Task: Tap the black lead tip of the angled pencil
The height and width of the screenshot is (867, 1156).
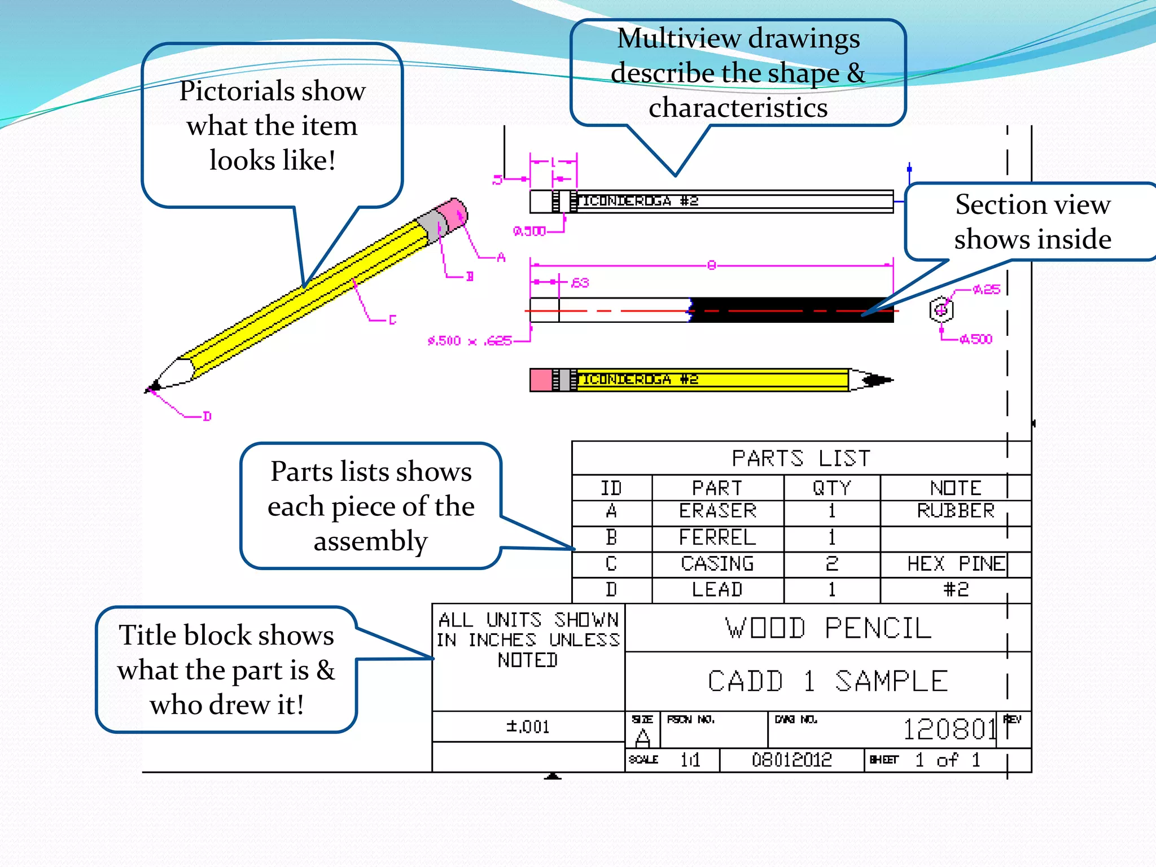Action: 153,387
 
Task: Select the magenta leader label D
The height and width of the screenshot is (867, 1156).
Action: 207,417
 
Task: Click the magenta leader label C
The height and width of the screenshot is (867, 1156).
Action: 393,320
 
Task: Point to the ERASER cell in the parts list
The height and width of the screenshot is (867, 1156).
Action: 717,511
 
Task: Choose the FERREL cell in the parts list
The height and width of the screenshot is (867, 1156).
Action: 717,537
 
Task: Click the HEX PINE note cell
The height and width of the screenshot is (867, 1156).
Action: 956,564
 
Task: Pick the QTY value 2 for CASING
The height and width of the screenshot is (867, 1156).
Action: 831,564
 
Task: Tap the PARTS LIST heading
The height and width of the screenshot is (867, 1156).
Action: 801,458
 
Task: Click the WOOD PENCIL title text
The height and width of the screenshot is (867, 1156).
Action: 828,628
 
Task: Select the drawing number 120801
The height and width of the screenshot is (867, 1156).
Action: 951,729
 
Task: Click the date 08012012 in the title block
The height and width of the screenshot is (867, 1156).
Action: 791,760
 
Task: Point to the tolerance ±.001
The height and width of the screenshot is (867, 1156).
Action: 528,726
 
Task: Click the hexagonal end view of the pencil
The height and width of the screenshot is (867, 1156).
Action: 941,310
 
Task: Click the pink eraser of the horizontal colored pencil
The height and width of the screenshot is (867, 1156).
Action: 541,380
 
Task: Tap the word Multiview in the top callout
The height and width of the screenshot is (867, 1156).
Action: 678,39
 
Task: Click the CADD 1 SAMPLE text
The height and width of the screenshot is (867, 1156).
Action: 828,681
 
